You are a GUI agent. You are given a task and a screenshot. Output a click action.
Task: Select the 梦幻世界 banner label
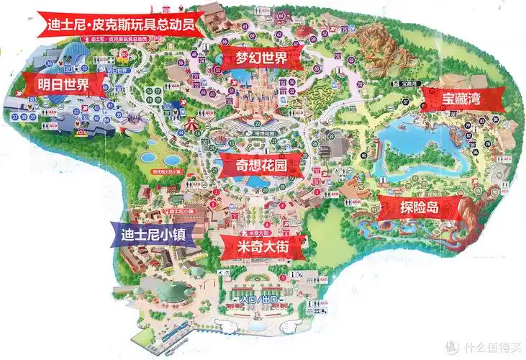[x=260, y=58]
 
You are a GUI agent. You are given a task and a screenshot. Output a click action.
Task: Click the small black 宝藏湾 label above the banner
[x=411, y=83]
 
